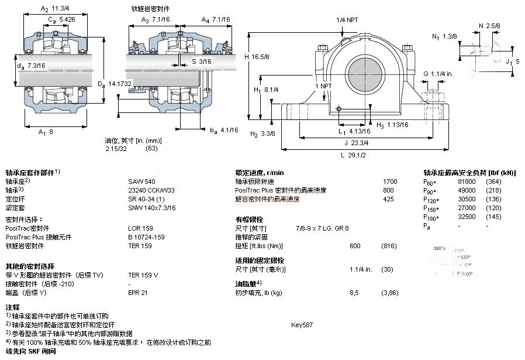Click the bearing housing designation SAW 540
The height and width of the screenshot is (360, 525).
click(x=141, y=181)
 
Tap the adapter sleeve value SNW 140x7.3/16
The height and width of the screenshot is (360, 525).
click(x=151, y=208)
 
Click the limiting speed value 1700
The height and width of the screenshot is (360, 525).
click(x=390, y=181)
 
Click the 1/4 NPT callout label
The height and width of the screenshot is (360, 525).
click(x=347, y=20)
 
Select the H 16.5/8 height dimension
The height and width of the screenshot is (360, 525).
click(x=260, y=57)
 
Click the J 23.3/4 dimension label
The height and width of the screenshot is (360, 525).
click(x=356, y=142)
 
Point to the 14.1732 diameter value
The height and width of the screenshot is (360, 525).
click(x=120, y=84)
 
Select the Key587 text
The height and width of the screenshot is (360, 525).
click(x=302, y=324)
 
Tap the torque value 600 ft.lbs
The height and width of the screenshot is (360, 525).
click(x=355, y=246)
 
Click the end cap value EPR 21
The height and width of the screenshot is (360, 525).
click(x=138, y=293)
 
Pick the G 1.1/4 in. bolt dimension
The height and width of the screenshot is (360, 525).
click(x=438, y=74)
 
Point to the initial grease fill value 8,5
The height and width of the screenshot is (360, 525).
click(x=354, y=293)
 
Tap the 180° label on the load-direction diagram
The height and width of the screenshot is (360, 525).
click(x=439, y=249)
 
